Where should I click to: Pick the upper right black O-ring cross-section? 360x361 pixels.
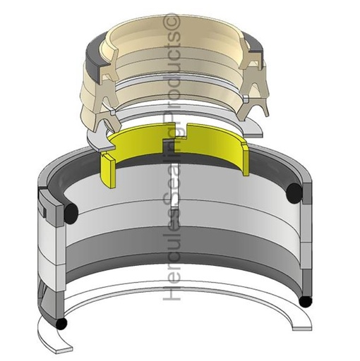296,190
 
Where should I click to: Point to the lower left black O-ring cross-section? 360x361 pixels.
62,323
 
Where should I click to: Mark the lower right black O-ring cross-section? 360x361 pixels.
305,301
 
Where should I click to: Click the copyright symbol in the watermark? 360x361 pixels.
172,26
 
